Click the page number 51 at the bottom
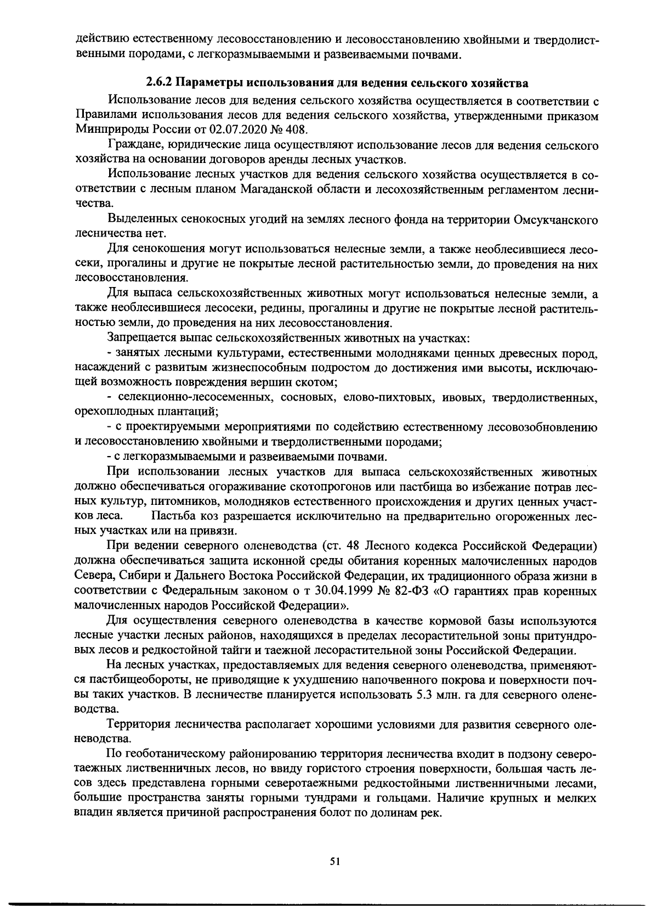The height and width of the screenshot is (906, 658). (335, 862)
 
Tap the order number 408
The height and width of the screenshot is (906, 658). (297, 131)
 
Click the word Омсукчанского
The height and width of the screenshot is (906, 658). (555, 220)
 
